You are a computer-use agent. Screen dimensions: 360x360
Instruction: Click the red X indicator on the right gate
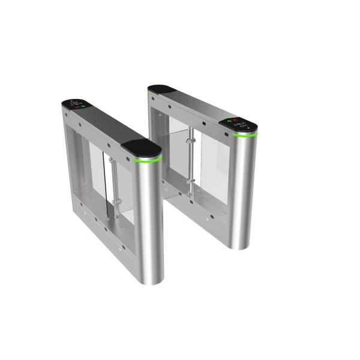[236, 120]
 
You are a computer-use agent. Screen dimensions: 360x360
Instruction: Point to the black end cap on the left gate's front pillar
[142, 148]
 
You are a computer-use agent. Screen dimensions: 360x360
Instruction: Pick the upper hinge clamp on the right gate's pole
[190, 139]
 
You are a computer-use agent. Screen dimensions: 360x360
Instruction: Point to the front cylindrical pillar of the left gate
[148, 222]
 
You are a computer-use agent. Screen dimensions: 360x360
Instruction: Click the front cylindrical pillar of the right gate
[244, 192]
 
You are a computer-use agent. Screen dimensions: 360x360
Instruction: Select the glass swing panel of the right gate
[207, 159]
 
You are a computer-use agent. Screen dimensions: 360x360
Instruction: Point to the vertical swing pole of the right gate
[191, 159]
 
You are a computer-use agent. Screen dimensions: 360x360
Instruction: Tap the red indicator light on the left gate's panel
[77, 108]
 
